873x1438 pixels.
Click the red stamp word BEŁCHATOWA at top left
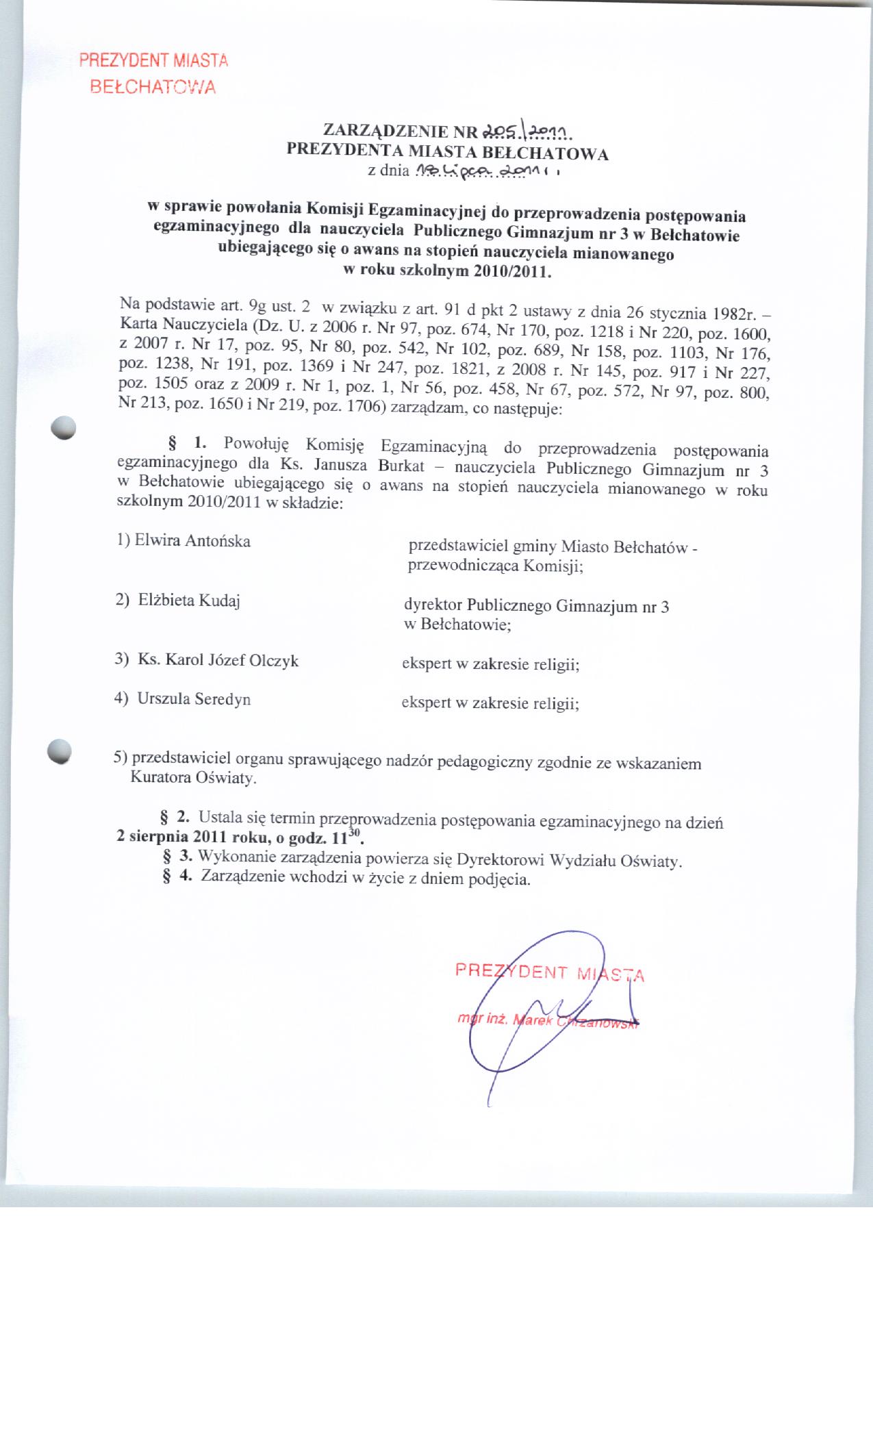(x=153, y=88)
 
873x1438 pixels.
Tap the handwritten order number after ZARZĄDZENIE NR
(x=527, y=131)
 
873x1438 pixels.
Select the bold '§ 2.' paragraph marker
(x=174, y=817)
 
